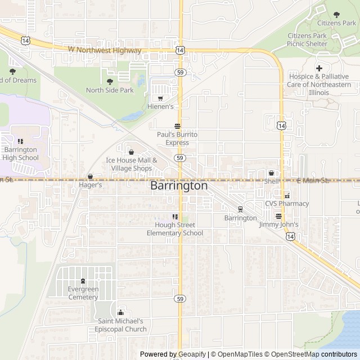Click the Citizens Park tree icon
337,15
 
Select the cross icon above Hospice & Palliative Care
319,68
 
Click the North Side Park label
110,90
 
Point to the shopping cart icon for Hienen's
160,98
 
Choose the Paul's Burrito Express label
177,138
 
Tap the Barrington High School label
20,154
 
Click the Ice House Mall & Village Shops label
131,164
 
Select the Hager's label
90,184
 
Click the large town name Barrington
179,186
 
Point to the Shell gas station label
272,182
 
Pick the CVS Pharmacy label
287,204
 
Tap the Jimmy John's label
278,224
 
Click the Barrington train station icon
240,209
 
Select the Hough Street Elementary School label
174,229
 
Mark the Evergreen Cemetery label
83,293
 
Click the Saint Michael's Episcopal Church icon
120,313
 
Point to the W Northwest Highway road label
105,50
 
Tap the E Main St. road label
313,181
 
